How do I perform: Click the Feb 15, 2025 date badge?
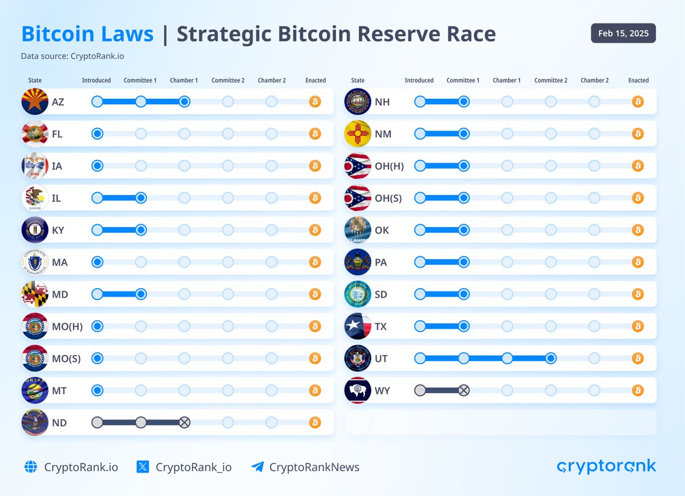pyautogui.click(x=623, y=34)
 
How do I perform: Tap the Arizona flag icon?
pyautogui.click(x=35, y=102)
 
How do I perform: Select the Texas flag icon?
pyautogui.click(x=358, y=326)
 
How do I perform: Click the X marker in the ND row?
pyautogui.click(x=184, y=423)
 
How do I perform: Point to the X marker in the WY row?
pyautogui.click(x=464, y=390)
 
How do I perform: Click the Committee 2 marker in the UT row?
pyautogui.click(x=551, y=358)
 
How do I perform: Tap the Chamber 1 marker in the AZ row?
pyautogui.click(x=184, y=102)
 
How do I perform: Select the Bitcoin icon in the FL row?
pyautogui.click(x=315, y=134)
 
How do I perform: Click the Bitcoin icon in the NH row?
pyautogui.click(x=638, y=102)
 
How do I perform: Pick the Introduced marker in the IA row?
pyautogui.click(x=98, y=166)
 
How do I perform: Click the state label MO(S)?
pyautogui.click(x=66, y=359)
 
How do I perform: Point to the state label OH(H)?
pyautogui.click(x=389, y=167)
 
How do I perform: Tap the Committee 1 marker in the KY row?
pyautogui.click(x=141, y=230)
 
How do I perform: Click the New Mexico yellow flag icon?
pyautogui.click(x=358, y=134)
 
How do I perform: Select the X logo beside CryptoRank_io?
pyautogui.click(x=143, y=467)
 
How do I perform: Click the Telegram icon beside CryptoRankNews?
pyautogui.click(x=257, y=467)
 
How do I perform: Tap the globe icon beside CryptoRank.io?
pyautogui.click(x=31, y=467)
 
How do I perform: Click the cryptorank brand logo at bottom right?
pyautogui.click(x=606, y=466)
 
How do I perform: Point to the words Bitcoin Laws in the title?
pyautogui.click(x=87, y=34)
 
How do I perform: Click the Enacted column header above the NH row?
pyautogui.click(x=638, y=80)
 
